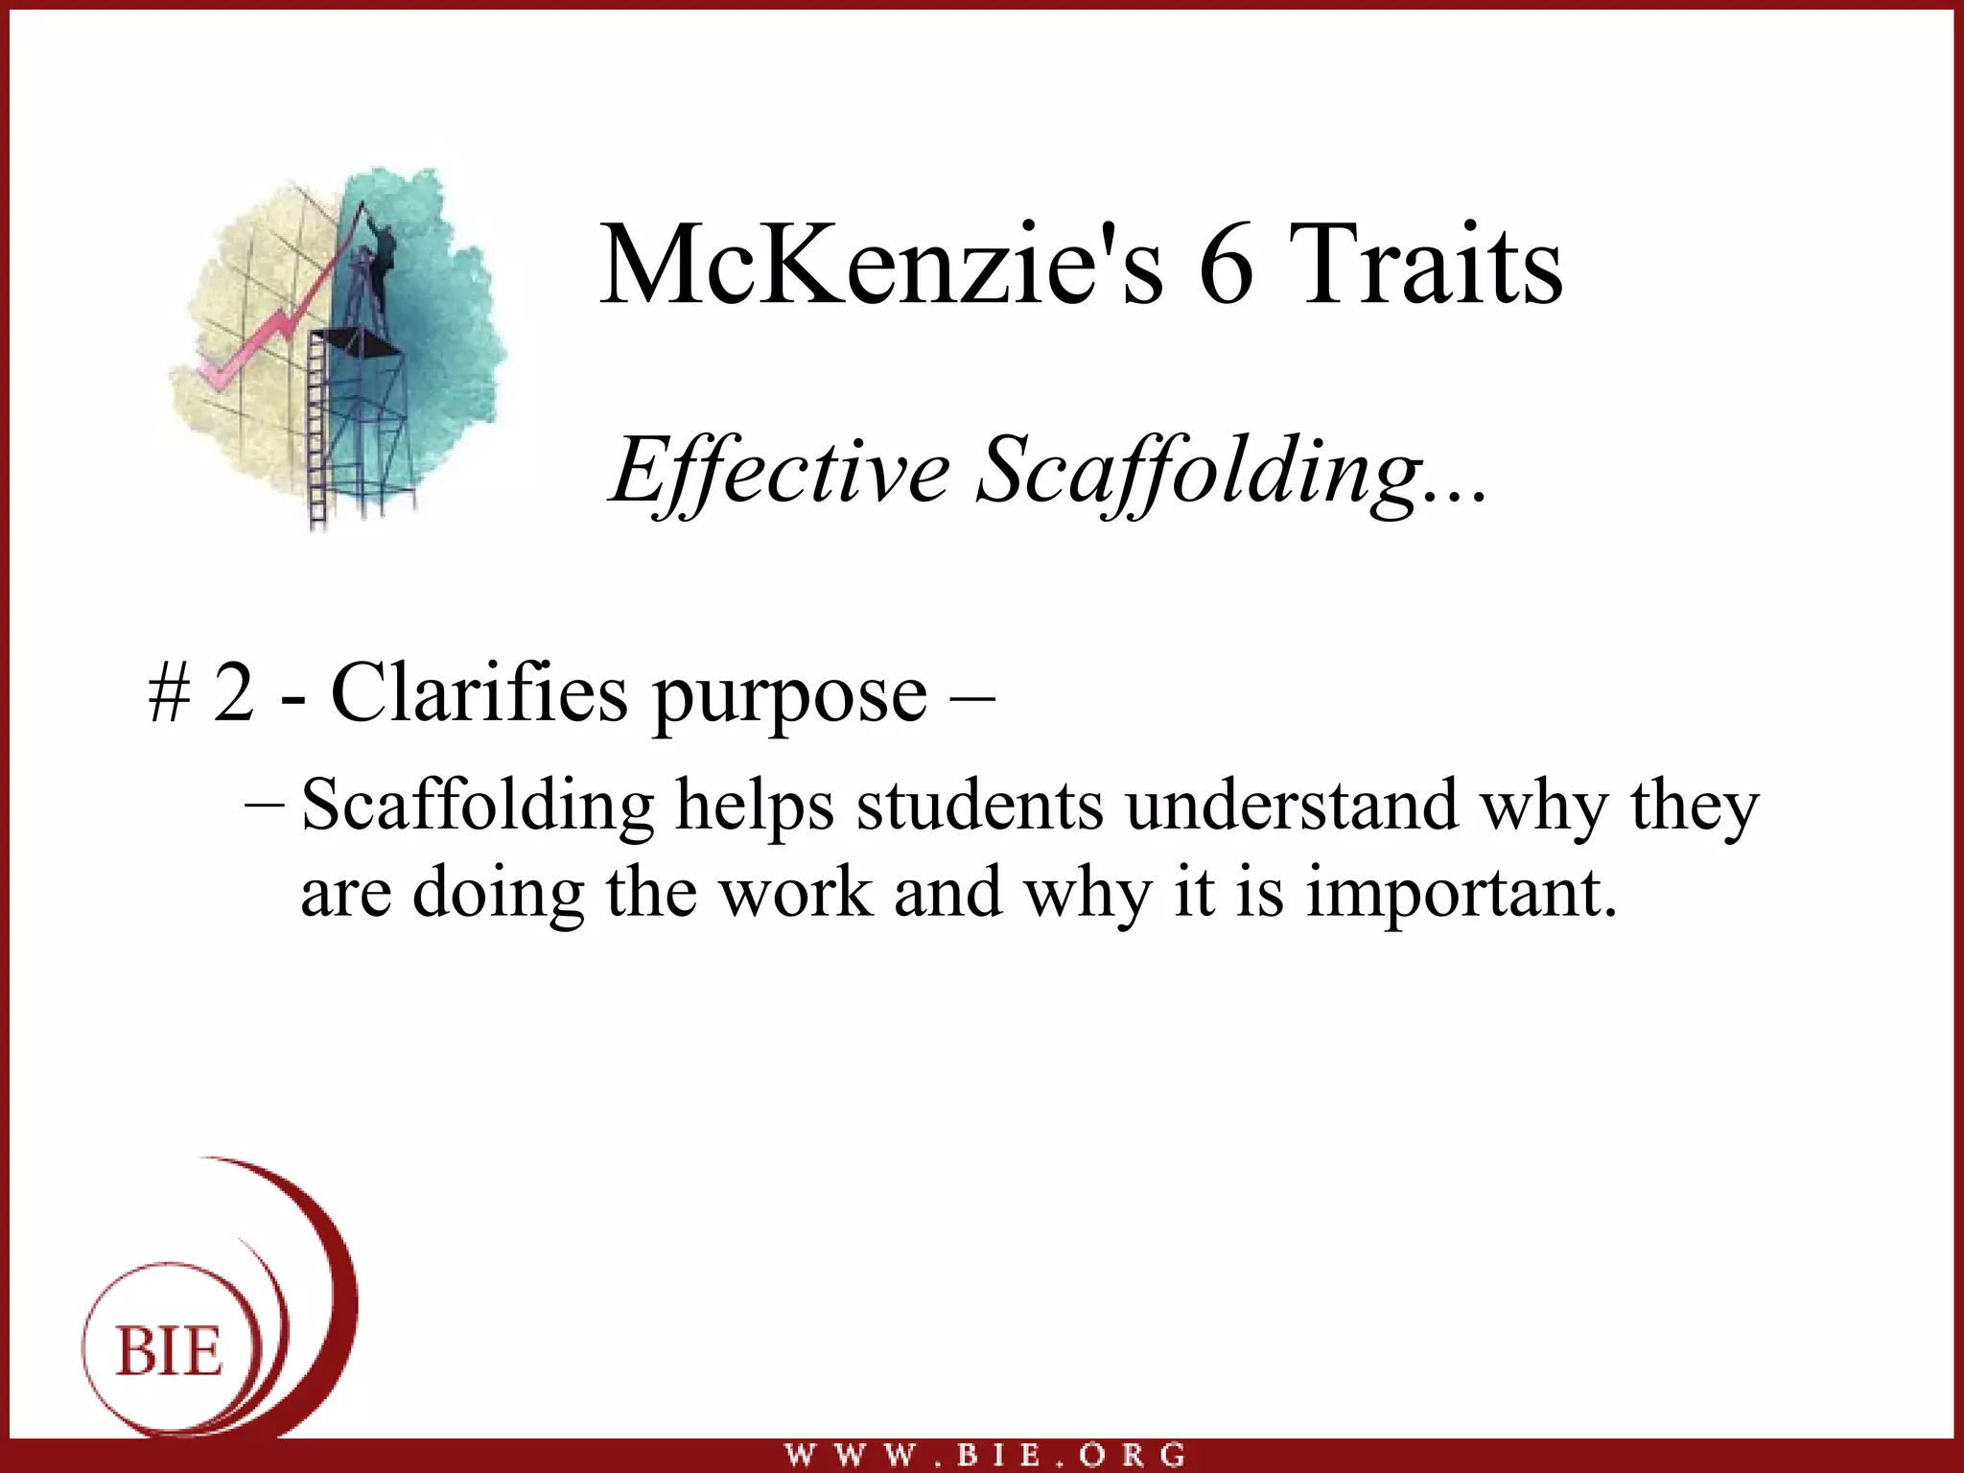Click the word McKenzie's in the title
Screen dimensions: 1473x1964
click(x=881, y=265)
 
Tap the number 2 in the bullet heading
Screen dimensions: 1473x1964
click(x=233, y=692)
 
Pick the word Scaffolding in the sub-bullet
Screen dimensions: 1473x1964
click(x=478, y=806)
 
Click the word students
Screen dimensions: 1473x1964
click(x=979, y=806)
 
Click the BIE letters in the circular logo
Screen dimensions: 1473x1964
click(x=170, y=1352)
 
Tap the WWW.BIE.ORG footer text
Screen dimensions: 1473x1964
click(x=985, y=1455)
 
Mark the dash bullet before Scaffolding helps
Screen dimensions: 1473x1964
click(x=264, y=804)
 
